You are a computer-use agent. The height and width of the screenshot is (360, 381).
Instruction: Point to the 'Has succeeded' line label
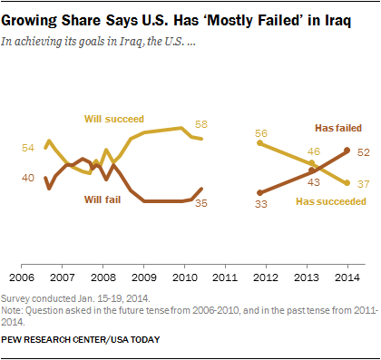pos(332,202)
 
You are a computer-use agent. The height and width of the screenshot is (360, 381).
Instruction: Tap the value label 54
pos(28,148)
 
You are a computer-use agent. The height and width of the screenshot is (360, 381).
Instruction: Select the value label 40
pos(28,178)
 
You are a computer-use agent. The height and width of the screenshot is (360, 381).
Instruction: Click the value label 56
pos(261,132)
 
